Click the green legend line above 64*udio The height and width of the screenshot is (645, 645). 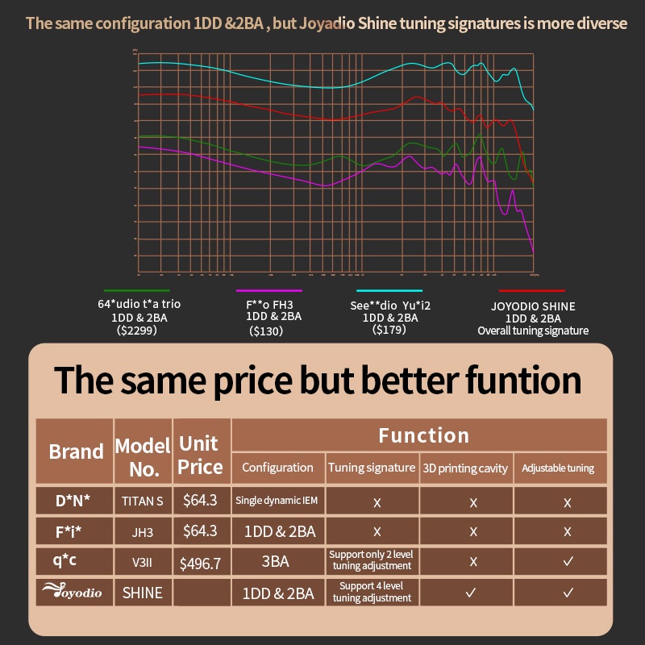click(136, 290)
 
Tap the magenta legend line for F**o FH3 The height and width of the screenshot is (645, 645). click(268, 290)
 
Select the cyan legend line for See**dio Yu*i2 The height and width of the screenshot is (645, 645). click(389, 290)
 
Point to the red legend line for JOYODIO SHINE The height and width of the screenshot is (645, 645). click(532, 290)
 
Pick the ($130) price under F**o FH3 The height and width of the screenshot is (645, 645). click(266, 331)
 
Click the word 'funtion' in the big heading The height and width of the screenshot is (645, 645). click(517, 380)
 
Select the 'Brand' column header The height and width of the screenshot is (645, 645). click(76, 451)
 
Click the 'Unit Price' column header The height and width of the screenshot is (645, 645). click(200, 456)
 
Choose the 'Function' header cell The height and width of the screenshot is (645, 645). click(423, 436)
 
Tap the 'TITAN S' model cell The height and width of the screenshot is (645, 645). click(143, 501)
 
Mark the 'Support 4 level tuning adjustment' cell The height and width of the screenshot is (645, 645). click(372, 593)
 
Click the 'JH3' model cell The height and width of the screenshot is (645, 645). click(143, 531)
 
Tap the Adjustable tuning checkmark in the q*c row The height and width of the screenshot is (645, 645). click(568, 562)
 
